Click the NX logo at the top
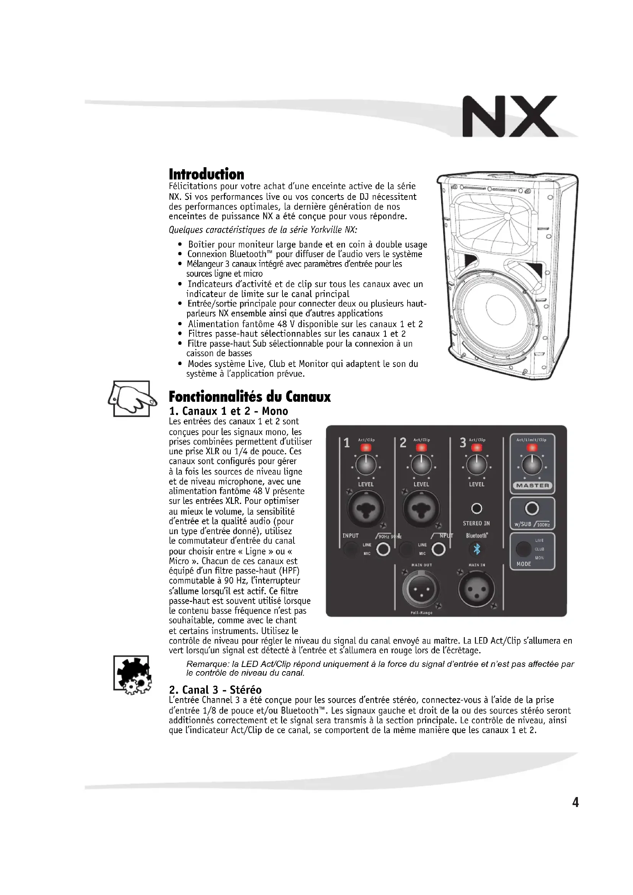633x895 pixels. [510, 116]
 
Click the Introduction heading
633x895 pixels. [206, 174]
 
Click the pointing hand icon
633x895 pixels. [132, 399]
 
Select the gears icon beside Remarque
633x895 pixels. [132, 675]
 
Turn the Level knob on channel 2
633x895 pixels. [421, 465]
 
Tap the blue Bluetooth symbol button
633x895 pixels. [476, 549]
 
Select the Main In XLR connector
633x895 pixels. [476, 589]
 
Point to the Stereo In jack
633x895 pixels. [476, 509]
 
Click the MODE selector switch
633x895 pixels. [523, 549]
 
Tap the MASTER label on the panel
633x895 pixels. [532, 486]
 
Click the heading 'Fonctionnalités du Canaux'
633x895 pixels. [250, 397]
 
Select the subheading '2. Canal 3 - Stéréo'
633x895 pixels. [215, 690]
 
